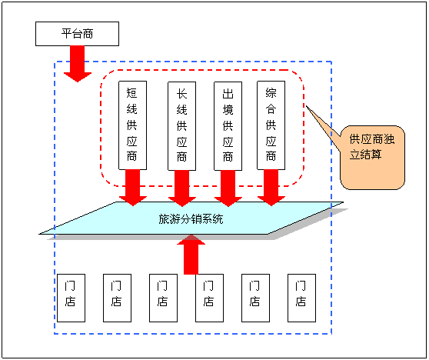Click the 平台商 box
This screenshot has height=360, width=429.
pos(77,34)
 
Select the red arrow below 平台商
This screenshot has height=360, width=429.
pos(78,64)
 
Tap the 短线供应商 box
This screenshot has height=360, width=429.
pos(133,125)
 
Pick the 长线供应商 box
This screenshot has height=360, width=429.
pos(181,125)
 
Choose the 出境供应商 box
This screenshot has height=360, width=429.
pos(228,125)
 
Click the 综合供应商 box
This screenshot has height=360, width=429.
pos(271,125)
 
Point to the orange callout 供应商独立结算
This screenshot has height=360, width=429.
pos(372,158)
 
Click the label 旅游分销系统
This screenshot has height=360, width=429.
pos(191,219)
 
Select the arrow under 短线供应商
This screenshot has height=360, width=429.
pos(133,188)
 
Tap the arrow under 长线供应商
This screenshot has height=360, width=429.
pos(182,188)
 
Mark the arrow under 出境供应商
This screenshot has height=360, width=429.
pos(228,188)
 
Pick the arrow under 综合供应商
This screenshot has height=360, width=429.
pos(271,188)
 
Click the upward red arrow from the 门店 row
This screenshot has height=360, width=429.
pos(191,255)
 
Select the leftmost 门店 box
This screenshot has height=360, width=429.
pos(71,298)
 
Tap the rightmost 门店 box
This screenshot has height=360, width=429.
pos(302,298)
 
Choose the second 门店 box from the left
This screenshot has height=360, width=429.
pos(117,298)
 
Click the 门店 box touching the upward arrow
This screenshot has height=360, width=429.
pos(210,298)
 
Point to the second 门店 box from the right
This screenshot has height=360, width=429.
pos(255,298)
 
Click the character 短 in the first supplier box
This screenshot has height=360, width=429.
pos(132,93)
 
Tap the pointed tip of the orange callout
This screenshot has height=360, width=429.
pos(306,106)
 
